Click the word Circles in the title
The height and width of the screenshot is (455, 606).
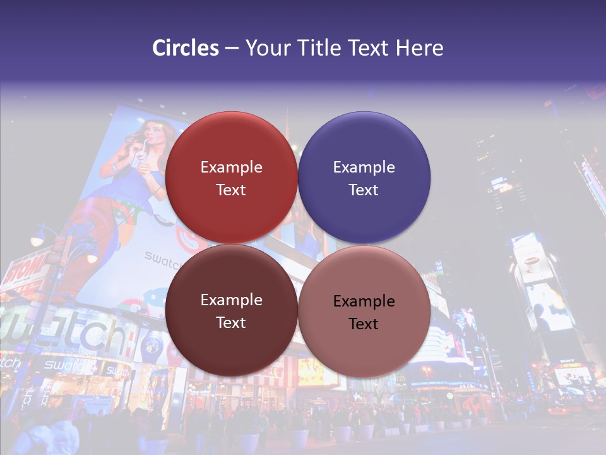point(185,48)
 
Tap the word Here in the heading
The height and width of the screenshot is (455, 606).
point(419,48)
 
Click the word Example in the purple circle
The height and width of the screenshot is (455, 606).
point(364,167)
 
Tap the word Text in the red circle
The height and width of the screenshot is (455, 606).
point(231,190)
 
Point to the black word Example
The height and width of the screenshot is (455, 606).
point(364,301)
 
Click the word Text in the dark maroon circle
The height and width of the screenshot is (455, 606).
point(231,323)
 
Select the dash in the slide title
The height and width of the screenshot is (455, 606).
point(232,48)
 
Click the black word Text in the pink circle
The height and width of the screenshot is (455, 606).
point(364,324)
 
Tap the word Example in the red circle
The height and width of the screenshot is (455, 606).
point(231,167)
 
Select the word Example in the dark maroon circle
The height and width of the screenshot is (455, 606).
point(231,300)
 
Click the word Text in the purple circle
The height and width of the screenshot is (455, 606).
point(364,190)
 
